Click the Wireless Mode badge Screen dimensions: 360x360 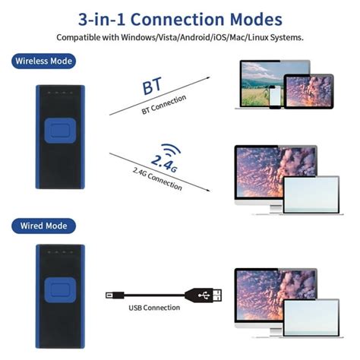(x=43, y=61)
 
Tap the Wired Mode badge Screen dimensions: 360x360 (x=43, y=226)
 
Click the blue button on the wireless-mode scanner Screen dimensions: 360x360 (x=60, y=131)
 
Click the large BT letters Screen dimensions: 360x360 (x=152, y=86)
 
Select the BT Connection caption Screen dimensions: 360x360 (x=164, y=104)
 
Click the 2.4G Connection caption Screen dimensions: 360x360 (x=157, y=179)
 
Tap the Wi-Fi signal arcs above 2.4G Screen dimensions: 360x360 (x=171, y=150)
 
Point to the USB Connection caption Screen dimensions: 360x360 (x=154, y=308)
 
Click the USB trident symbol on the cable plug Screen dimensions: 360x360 (x=204, y=295)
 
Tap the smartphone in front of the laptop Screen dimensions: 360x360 (x=275, y=97)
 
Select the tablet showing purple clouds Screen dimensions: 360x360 (x=308, y=91)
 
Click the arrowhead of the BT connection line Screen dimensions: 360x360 (x=208, y=77)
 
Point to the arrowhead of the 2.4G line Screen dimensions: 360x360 (x=208, y=190)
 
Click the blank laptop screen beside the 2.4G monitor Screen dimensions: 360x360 (x=311, y=194)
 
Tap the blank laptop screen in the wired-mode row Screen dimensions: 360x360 (x=311, y=317)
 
